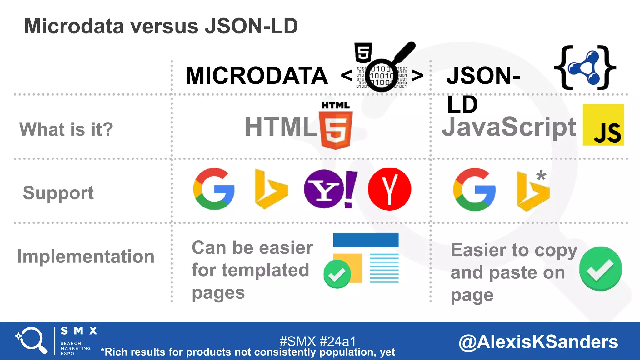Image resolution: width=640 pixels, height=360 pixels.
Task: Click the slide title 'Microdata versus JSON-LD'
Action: click(x=161, y=26)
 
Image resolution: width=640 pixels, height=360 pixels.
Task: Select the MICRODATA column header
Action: click(x=257, y=76)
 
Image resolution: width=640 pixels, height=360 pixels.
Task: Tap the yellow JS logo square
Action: click(x=603, y=125)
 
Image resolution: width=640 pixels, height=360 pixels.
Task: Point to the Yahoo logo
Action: click(x=330, y=189)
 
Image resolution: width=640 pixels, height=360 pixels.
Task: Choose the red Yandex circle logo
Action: click(x=389, y=189)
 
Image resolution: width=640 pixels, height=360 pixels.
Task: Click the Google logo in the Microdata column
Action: click(x=214, y=189)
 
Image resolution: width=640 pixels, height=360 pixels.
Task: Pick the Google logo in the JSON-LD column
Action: click(x=474, y=189)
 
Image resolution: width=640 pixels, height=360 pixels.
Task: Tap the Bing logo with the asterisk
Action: click(x=532, y=191)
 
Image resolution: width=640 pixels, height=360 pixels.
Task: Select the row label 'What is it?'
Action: click(x=66, y=129)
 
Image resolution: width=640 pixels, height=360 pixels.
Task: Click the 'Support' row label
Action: click(x=58, y=193)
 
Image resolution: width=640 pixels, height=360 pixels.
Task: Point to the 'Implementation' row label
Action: click(x=86, y=257)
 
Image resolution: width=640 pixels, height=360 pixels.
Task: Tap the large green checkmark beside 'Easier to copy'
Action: click(x=600, y=269)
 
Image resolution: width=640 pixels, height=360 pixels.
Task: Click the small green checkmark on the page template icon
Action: click(x=337, y=274)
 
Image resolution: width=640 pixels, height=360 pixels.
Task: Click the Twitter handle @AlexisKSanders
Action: click(x=538, y=342)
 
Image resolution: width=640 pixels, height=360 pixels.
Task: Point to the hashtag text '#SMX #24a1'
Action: click(x=317, y=341)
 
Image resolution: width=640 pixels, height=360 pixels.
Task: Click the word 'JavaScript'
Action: click(x=509, y=127)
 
